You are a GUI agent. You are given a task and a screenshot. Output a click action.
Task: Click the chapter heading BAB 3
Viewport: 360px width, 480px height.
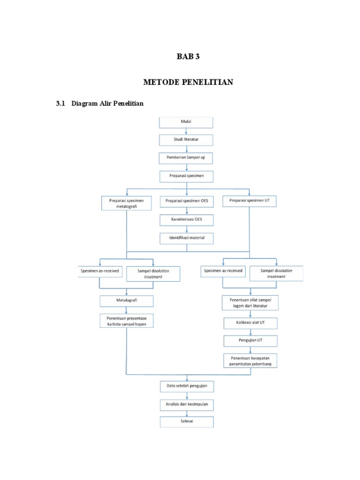click(188, 57)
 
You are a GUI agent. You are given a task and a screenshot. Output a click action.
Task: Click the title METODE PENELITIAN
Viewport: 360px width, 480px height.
click(188, 82)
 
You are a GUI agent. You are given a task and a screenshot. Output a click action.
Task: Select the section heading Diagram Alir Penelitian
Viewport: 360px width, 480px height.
click(107, 104)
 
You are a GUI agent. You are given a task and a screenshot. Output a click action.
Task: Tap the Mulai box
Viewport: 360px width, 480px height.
click(187, 122)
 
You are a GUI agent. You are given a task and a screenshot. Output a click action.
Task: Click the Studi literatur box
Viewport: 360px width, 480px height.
click(187, 140)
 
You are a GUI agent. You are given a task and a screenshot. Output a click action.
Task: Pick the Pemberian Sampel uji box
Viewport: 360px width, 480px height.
click(187, 158)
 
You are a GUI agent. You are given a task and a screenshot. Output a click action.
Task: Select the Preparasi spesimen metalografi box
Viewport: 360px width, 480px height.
click(127, 203)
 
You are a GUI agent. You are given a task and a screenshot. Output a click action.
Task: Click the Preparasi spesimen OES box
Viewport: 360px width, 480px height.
click(187, 202)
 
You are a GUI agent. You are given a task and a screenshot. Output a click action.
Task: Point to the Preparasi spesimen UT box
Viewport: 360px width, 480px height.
click(249, 201)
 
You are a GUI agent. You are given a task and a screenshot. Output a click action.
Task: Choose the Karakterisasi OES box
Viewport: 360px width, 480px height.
click(187, 220)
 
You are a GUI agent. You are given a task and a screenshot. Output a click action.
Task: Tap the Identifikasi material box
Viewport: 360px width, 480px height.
click(187, 238)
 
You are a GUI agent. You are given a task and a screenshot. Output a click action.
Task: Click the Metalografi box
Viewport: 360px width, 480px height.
click(127, 300)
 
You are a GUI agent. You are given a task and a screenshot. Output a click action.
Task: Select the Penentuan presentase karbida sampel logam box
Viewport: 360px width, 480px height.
click(127, 321)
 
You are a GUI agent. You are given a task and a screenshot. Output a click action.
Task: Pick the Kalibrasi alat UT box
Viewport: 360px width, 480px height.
click(250, 323)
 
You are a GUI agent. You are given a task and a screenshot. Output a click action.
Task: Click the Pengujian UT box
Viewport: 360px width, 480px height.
click(250, 341)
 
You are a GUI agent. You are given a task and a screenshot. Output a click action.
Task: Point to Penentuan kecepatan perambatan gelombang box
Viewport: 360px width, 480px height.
click(250, 360)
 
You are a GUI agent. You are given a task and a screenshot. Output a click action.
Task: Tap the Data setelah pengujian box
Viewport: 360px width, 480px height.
click(187, 386)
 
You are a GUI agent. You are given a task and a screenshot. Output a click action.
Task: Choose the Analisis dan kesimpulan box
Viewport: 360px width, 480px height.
click(187, 404)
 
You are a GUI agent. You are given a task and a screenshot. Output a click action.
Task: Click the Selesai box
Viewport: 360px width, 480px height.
click(187, 422)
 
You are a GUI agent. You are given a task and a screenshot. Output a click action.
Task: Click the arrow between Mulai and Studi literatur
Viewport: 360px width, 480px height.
click(187, 131)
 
